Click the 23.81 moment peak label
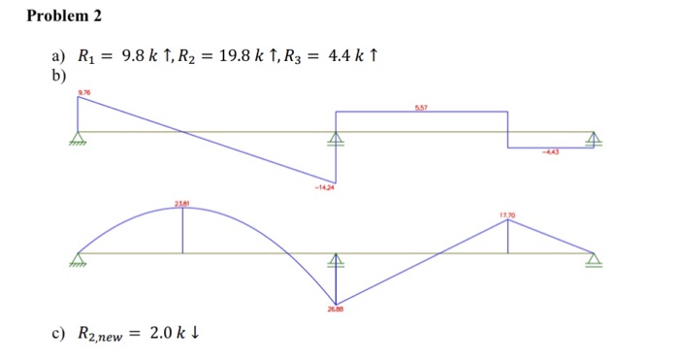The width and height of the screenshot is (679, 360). coord(181,202)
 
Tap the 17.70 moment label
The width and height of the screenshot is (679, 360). coord(506,213)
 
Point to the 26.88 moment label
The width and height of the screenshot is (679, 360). coord(336,310)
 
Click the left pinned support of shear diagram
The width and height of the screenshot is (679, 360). coord(78,138)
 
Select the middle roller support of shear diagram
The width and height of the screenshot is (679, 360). coord(336,138)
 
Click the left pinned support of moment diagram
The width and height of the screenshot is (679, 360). coord(78,259)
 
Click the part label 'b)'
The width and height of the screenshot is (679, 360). coord(58,73)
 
